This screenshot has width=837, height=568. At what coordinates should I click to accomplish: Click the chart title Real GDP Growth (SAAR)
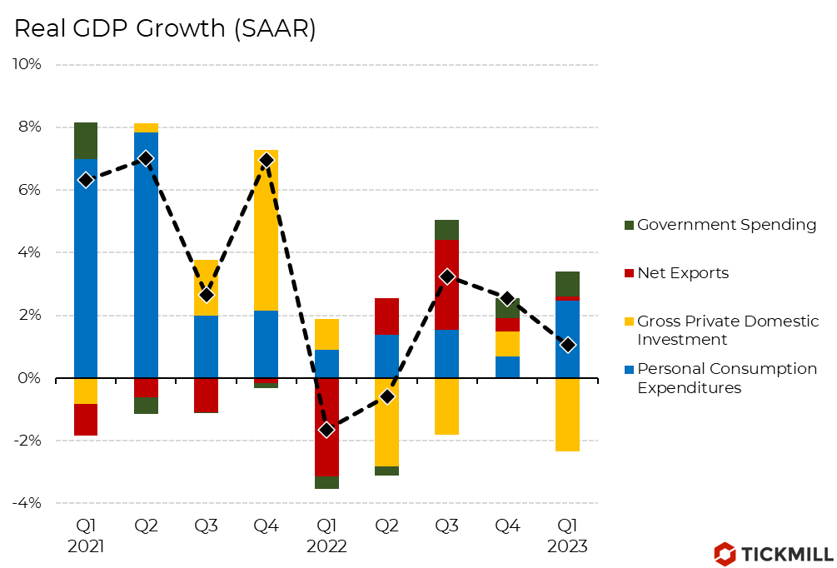point(165,28)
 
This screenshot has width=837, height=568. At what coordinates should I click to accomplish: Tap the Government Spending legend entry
point(725,225)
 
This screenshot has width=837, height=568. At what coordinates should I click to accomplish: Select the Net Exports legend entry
point(682,273)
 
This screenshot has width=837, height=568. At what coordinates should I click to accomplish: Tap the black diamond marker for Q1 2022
point(327,430)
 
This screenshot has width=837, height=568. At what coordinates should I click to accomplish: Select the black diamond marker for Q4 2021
point(267,160)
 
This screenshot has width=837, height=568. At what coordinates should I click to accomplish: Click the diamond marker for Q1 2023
point(567,345)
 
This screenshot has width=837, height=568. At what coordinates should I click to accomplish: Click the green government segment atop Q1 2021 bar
point(86,141)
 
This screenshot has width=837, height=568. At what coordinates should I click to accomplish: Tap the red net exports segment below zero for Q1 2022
point(327,427)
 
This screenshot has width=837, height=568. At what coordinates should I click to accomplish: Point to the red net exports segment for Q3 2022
point(447,284)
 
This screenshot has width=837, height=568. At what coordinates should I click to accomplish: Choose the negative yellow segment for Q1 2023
point(567,415)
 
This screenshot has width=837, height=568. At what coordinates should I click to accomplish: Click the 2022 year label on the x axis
point(327,547)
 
